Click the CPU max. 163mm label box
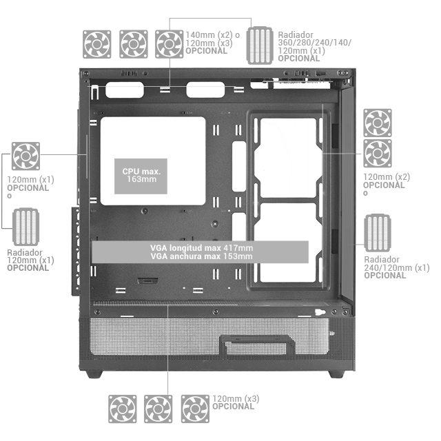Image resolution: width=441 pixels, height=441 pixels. [x=141, y=176]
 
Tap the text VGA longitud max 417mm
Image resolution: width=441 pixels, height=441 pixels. [x=201, y=248]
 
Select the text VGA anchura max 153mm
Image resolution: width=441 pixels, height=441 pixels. [x=201, y=256]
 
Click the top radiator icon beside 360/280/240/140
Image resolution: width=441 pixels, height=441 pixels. [x=260, y=45]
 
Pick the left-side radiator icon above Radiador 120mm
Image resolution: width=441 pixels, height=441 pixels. [x=25, y=227]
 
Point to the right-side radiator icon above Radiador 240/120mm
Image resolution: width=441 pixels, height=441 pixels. [x=378, y=233]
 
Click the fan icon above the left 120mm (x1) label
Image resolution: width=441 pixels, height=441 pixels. [x=25, y=156]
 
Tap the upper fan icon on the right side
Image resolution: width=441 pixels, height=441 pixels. [x=378, y=123]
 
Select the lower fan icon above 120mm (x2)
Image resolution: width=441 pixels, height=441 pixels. [x=378, y=153]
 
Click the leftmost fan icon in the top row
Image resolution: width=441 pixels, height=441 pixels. [x=96, y=44]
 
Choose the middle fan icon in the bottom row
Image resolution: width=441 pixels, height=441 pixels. [x=158, y=409]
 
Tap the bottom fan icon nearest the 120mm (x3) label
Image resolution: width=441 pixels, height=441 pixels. [x=195, y=409]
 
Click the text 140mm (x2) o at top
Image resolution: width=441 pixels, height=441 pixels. [x=213, y=35]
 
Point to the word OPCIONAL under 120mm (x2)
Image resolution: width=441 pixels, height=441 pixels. [x=384, y=185]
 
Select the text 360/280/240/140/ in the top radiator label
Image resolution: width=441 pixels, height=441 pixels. [x=314, y=43]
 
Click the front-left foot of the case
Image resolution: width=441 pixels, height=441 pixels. [x=94, y=374]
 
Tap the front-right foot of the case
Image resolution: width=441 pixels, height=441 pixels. [x=336, y=374]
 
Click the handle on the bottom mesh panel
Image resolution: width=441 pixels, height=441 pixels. [x=257, y=346]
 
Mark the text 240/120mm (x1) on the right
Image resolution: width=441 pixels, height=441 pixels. [x=397, y=267]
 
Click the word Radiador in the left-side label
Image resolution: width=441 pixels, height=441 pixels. [x=25, y=252]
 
